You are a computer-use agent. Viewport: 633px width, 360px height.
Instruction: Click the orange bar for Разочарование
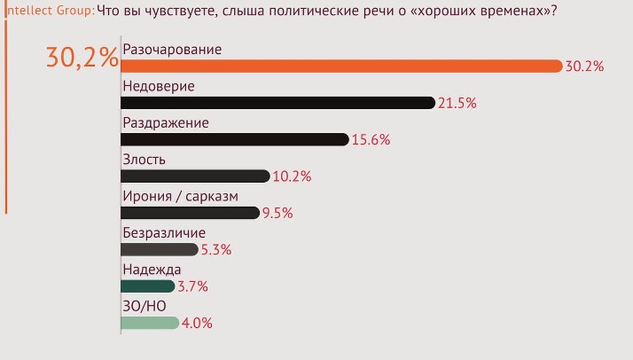point(341,66)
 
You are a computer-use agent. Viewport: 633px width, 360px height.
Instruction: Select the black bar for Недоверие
point(277,103)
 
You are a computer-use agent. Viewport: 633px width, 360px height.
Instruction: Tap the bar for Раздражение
point(234,139)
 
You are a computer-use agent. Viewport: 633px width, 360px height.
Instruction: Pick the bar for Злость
point(194,176)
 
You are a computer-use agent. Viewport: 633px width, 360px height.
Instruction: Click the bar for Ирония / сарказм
point(190,213)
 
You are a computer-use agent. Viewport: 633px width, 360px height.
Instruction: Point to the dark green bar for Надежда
point(148,286)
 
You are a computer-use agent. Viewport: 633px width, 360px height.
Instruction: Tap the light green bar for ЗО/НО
point(150,323)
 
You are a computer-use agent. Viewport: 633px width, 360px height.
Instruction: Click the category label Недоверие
point(158,86)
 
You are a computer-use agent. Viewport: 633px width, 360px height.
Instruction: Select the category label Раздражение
point(165,122)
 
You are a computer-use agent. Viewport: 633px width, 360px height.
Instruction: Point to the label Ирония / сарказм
point(180,196)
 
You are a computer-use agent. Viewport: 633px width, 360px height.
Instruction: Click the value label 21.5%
point(457,103)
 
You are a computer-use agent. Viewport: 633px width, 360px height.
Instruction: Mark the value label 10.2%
point(292,176)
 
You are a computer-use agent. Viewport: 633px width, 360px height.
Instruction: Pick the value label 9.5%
point(277,213)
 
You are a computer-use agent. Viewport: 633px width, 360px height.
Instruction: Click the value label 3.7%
point(192,286)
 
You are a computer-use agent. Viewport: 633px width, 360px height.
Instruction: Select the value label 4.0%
point(197,324)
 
